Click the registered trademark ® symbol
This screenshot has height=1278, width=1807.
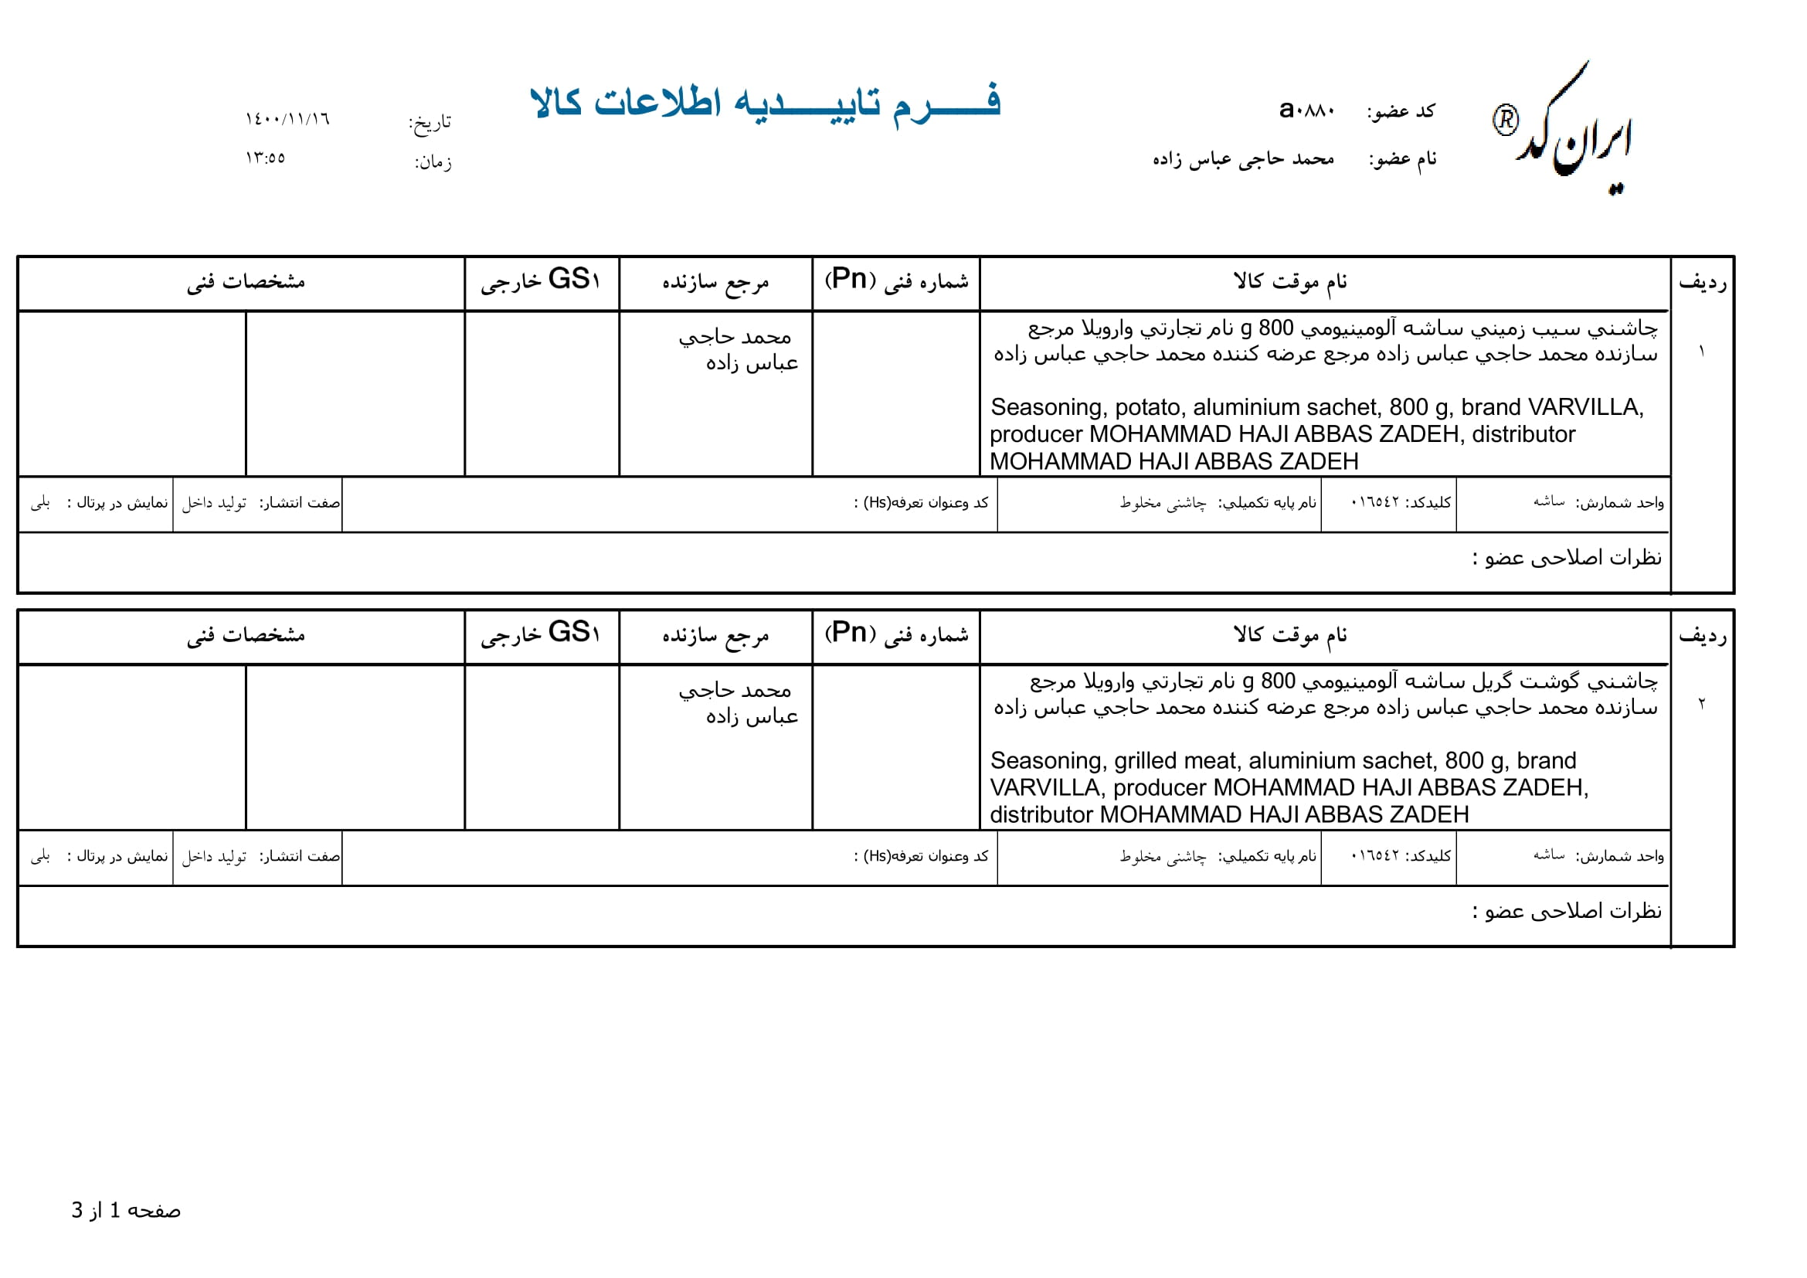pos(1505,121)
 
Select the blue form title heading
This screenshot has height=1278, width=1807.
pos(765,103)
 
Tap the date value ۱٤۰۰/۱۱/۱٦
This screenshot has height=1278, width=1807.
pos(287,120)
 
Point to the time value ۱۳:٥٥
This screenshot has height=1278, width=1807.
pos(265,158)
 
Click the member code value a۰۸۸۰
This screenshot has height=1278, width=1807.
pos(1306,110)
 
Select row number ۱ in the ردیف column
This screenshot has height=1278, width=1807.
pos(1701,351)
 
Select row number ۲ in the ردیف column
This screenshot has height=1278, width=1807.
pos(1701,704)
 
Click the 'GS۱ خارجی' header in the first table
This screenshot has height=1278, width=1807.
pos(542,280)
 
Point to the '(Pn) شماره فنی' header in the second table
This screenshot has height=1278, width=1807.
pos(896,634)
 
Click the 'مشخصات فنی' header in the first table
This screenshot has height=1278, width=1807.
pos(246,282)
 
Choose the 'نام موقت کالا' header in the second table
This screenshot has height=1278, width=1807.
pos(1290,634)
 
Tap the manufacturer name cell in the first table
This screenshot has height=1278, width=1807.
pos(739,350)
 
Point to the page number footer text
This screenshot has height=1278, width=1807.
pos(126,1210)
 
